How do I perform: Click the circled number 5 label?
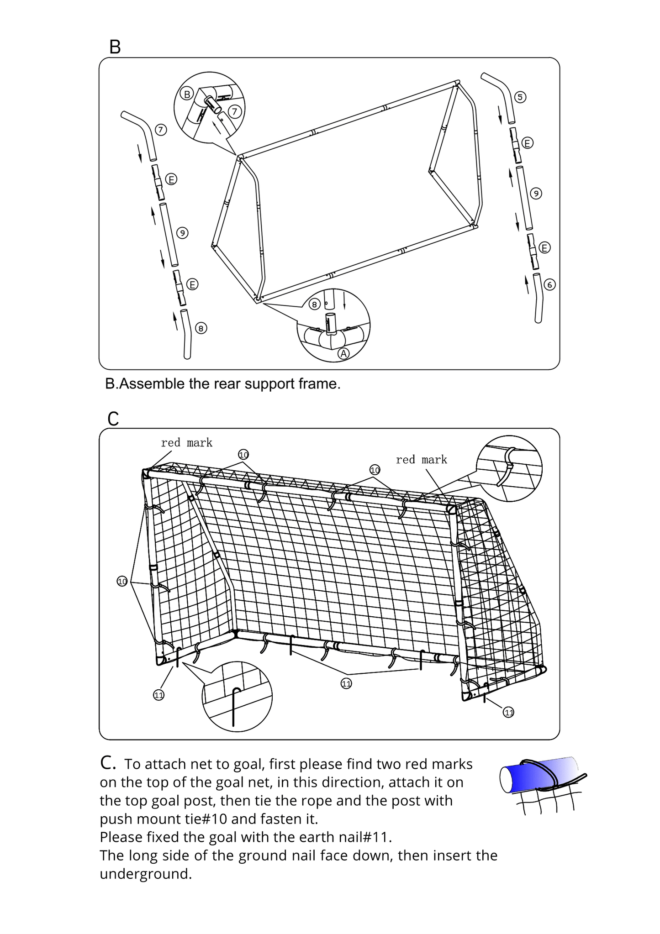coord(520,97)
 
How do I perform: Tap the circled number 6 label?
coord(549,284)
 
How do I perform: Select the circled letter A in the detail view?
coord(343,353)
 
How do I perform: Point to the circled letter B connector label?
coord(186,94)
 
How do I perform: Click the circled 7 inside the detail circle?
coord(234,111)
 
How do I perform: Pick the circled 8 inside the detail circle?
coord(314,304)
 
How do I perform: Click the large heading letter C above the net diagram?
coord(113,419)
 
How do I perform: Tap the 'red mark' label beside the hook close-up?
coord(421,459)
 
